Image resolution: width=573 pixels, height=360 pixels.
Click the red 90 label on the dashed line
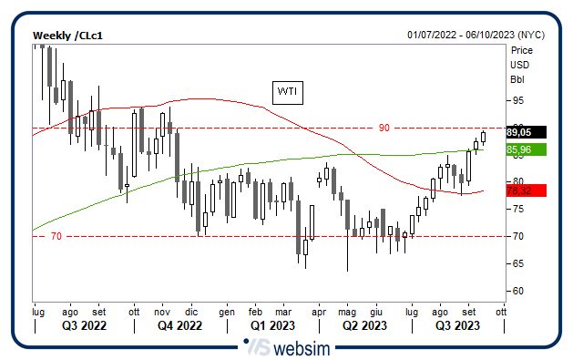(x=384, y=128)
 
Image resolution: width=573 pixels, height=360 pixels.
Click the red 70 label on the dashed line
(x=56, y=237)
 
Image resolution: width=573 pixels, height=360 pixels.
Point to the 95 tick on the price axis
(x=517, y=100)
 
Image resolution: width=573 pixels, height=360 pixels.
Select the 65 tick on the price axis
(x=517, y=264)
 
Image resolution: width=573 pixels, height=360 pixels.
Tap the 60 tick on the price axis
(x=517, y=292)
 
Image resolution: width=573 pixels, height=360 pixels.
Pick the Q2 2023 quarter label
(x=364, y=325)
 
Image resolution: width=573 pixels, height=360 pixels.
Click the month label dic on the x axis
(x=191, y=311)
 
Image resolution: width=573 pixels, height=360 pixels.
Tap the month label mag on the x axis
(x=347, y=311)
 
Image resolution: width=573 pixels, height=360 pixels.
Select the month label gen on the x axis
(x=227, y=311)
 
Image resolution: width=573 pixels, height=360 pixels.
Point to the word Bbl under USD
(x=519, y=78)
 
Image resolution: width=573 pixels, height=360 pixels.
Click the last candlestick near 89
(x=483, y=138)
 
